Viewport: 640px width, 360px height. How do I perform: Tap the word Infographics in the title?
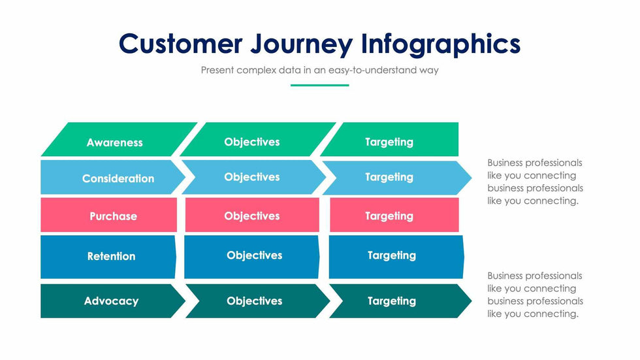pyautogui.click(x=441, y=44)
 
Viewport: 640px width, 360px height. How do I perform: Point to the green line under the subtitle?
pyautogui.click(x=319, y=85)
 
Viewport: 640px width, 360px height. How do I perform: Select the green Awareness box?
pyautogui.click(x=115, y=142)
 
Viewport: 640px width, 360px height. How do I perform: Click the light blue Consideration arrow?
pyautogui.click(x=118, y=178)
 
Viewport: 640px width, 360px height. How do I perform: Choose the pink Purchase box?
pyautogui.click(x=112, y=216)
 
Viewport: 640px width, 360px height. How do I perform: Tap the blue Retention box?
pyautogui.click(x=111, y=256)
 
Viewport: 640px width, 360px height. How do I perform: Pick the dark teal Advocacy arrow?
pyautogui.click(x=111, y=301)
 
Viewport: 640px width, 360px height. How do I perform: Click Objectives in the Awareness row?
pyautogui.click(x=252, y=142)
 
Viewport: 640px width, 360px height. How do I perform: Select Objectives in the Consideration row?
pyautogui.click(x=252, y=177)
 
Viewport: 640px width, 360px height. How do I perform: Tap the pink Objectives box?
pyautogui.click(x=252, y=216)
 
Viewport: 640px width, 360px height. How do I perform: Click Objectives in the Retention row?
pyautogui.click(x=254, y=255)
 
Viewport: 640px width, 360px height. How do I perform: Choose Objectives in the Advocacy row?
pyautogui.click(x=254, y=301)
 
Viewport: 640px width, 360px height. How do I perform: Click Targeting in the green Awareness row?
pyautogui.click(x=389, y=142)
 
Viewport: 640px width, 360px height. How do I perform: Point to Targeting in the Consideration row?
pyautogui.click(x=389, y=177)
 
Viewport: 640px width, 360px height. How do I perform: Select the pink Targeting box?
pyautogui.click(x=389, y=216)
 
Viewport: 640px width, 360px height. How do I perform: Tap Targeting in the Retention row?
pyautogui.click(x=392, y=255)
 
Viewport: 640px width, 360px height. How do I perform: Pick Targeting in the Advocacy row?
pyautogui.click(x=392, y=301)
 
